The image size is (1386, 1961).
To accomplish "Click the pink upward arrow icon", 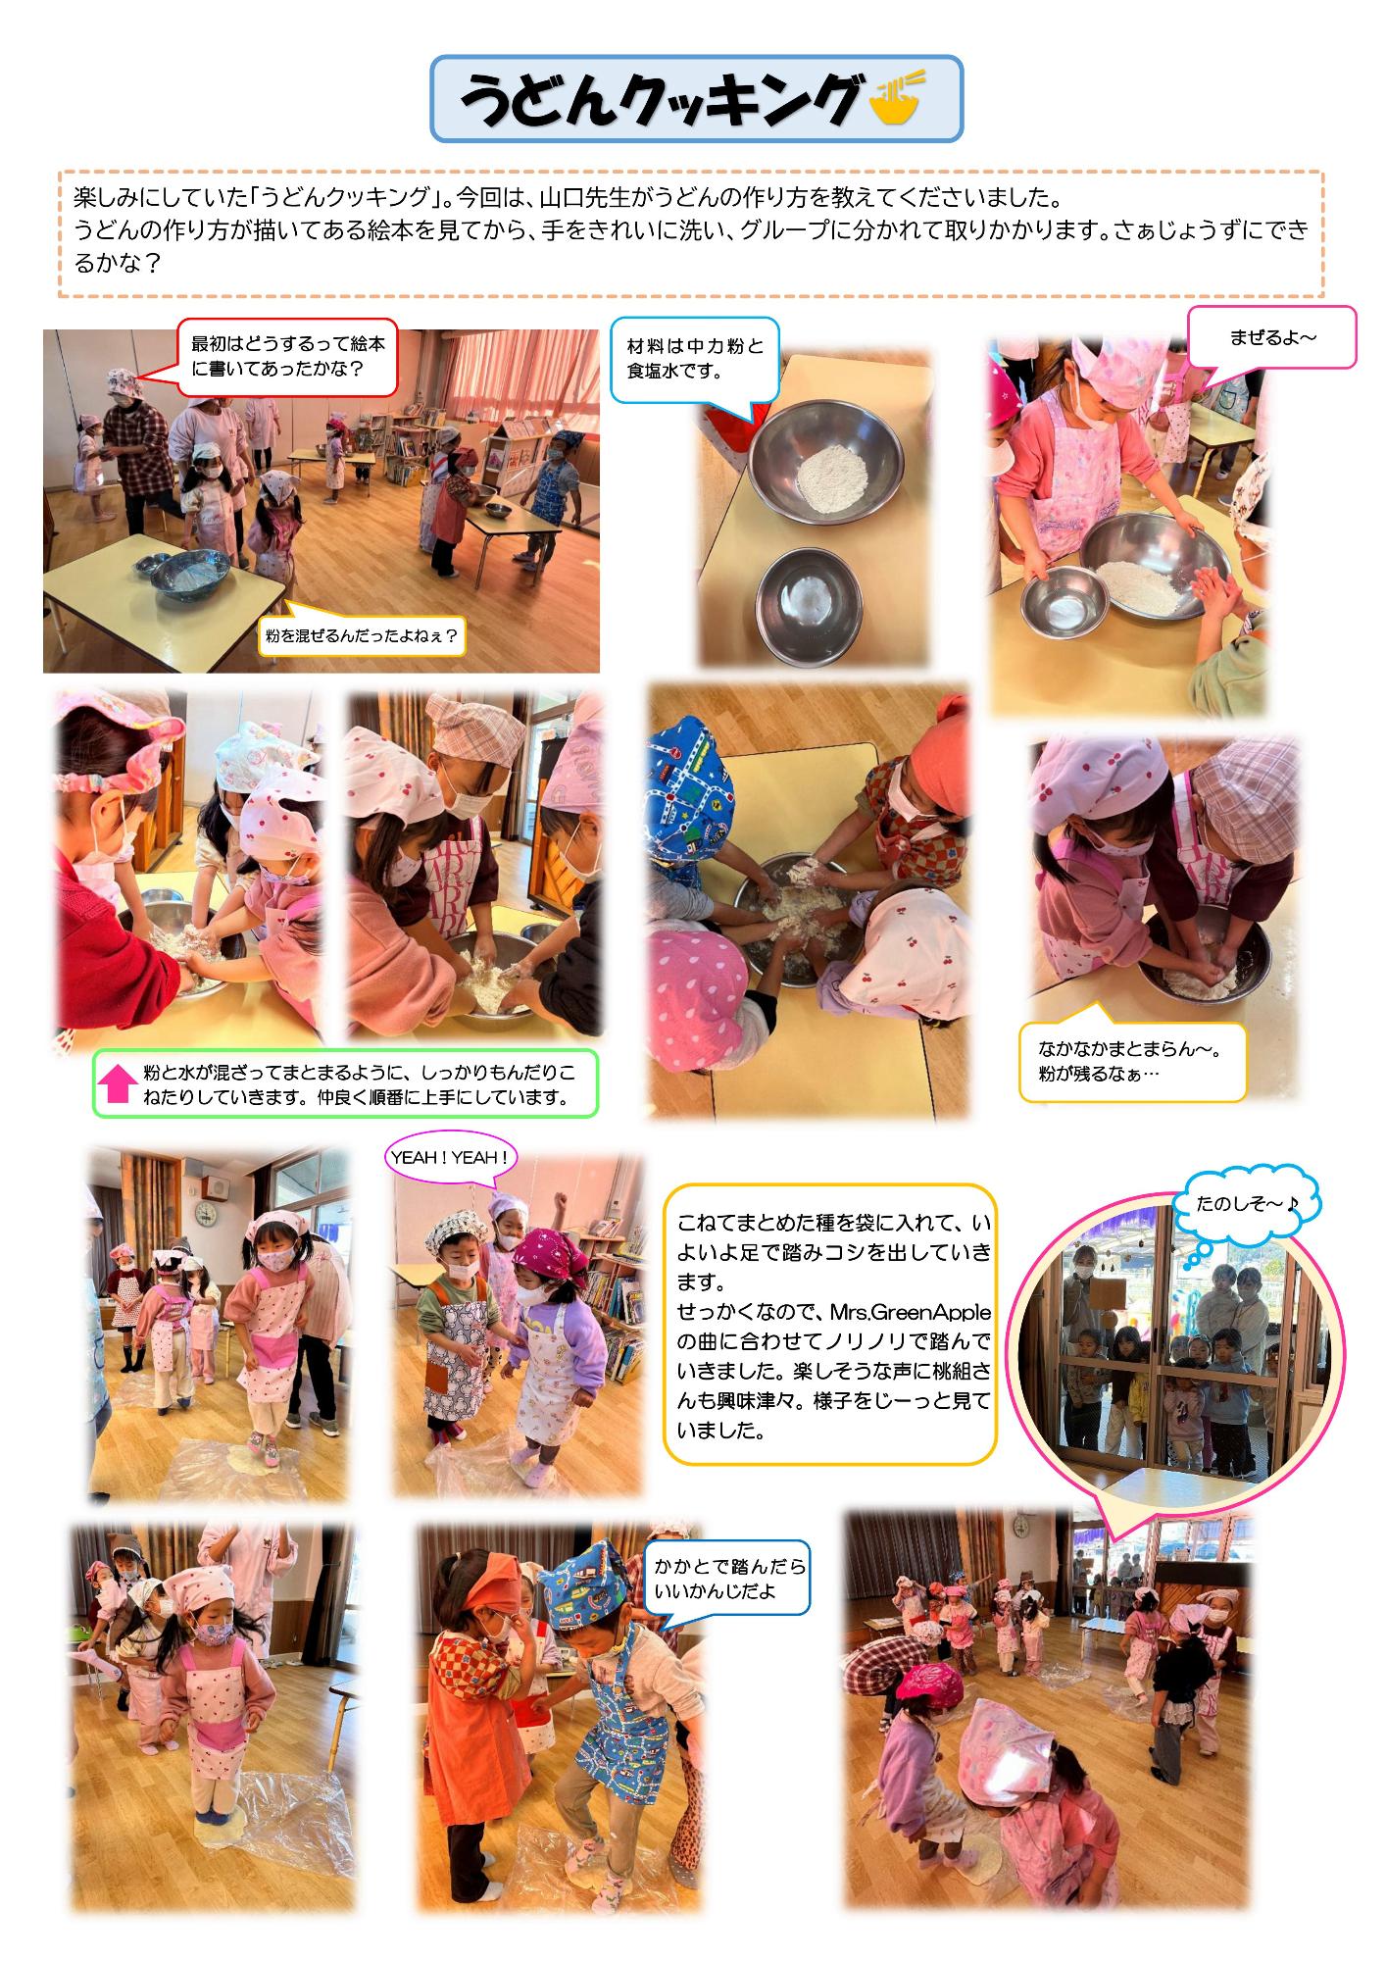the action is [118, 1083].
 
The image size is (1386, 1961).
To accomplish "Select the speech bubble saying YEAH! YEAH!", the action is [450, 1158].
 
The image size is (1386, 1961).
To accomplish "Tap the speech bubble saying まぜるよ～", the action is [1272, 337].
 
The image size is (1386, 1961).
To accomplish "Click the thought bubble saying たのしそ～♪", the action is [1247, 1204].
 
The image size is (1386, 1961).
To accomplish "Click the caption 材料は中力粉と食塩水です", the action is [695, 359].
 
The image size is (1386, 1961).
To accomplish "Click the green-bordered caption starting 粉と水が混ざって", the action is [345, 1083].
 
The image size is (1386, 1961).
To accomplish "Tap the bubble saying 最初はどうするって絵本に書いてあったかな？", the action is [287, 357].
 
